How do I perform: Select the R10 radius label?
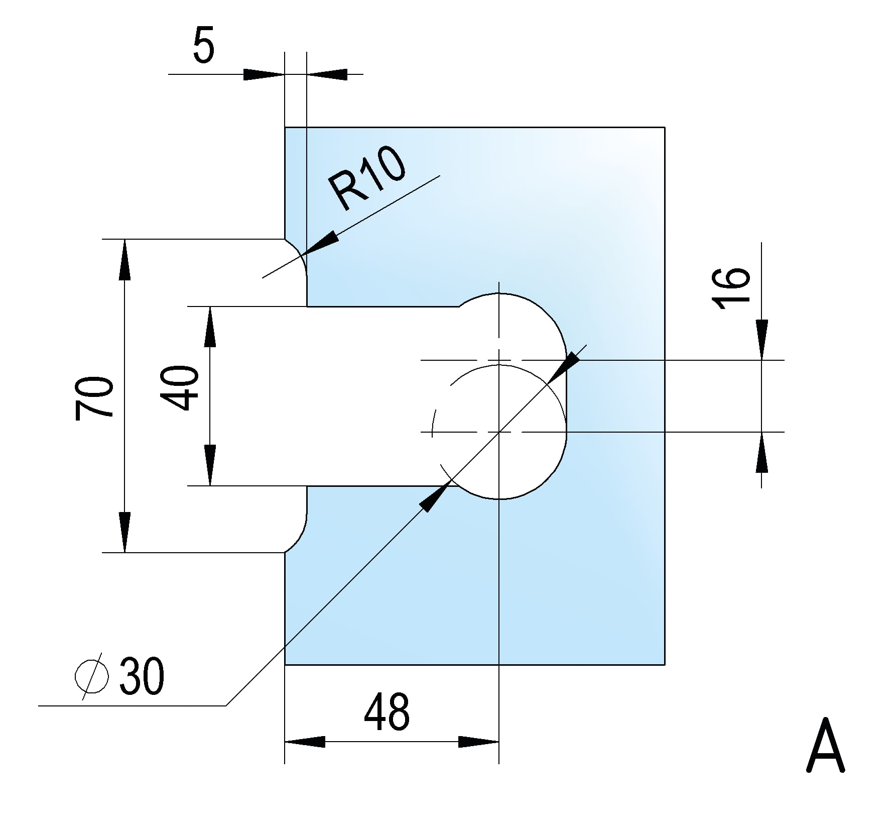pos(367,179)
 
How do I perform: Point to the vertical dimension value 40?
pos(179,388)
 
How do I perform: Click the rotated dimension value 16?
pos(731,288)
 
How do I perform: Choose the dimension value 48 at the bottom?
pos(386,712)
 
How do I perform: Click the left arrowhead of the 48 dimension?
pos(304,742)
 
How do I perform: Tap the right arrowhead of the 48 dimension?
pos(478,742)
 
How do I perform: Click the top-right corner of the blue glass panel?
pos(665,128)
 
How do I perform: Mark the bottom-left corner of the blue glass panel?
pos(285,664)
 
